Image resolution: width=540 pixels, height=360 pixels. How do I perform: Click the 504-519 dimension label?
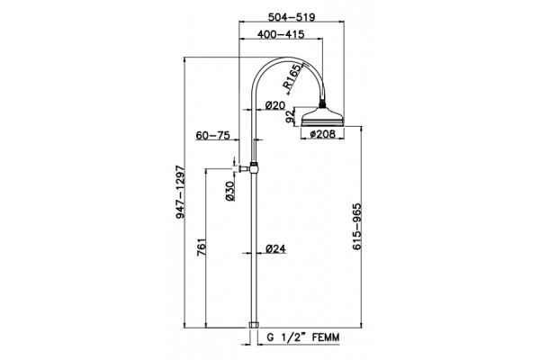(292, 17)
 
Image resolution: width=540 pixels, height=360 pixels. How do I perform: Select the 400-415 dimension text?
(281, 34)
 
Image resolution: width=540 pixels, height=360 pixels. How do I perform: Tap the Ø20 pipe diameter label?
(276, 105)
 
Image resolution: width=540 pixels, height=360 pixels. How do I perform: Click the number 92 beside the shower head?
(291, 116)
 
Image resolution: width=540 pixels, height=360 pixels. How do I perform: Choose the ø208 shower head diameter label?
(323, 134)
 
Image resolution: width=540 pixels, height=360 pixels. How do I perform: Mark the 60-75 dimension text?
(212, 135)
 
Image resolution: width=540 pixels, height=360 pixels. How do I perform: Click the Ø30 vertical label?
(229, 191)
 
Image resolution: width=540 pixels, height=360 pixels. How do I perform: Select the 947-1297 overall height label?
(181, 192)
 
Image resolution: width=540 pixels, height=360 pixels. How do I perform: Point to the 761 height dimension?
(201, 247)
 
